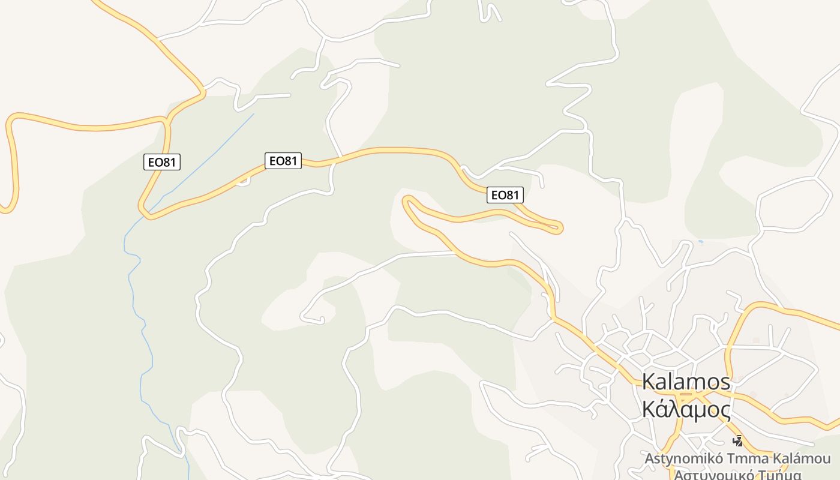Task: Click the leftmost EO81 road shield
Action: point(162,161)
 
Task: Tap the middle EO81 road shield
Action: point(283,160)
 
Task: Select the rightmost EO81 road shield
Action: point(505,194)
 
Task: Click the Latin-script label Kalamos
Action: point(686,382)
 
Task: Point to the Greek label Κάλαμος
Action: point(686,410)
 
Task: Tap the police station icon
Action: point(737,441)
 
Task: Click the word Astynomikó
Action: point(682,459)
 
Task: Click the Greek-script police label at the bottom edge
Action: point(738,475)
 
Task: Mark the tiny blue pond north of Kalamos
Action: point(700,242)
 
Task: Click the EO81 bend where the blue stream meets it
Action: point(146,212)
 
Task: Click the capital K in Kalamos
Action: point(649,382)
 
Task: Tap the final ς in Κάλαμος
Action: point(724,411)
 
